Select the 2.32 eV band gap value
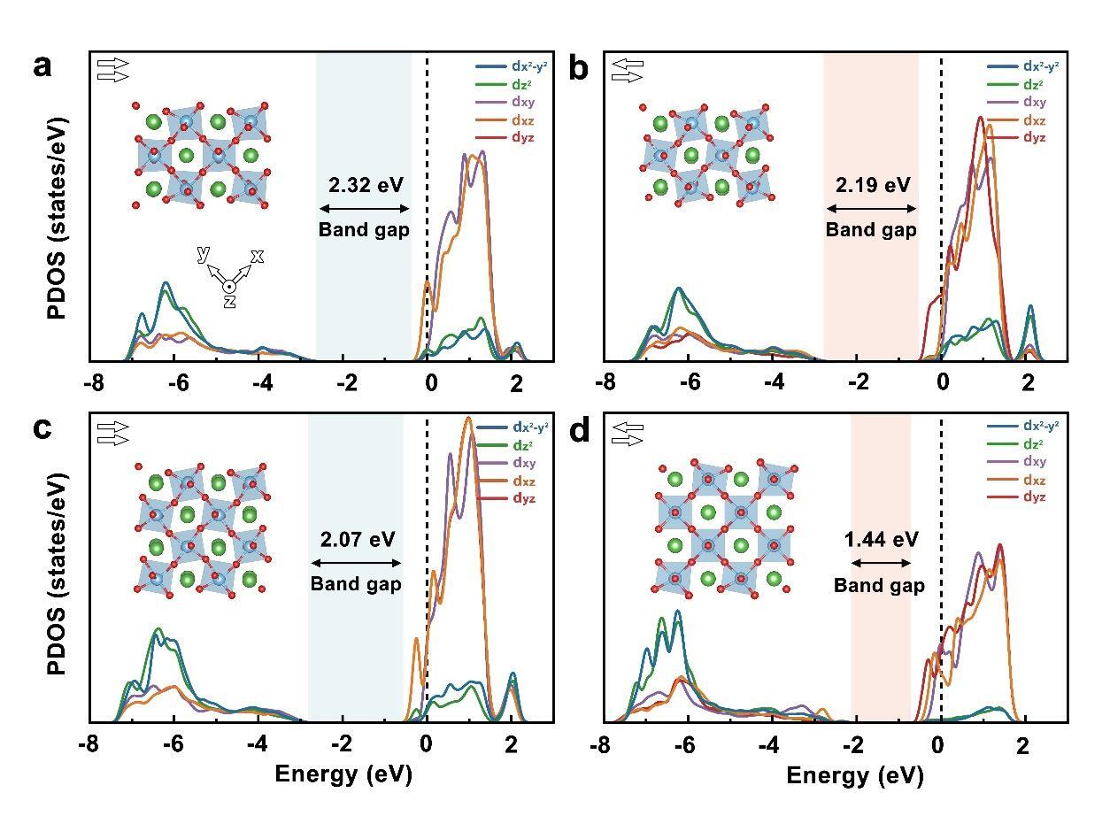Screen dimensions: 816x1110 coord(365,185)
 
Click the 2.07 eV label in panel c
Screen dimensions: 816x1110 coord(357,539)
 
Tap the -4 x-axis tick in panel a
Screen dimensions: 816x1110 coord(262,384)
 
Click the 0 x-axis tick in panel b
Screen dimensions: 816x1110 coord(943,384)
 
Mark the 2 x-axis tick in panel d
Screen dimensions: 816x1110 coord(1023,744)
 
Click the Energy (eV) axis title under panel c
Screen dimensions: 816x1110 coord(343,774)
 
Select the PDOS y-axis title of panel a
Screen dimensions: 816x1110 coord(58,205)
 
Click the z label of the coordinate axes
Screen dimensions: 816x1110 coord(228,302)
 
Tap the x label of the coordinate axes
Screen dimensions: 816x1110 coord(257,256)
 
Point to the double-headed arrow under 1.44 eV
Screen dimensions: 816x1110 coord(874,563)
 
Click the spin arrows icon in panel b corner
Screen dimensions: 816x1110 coord(627,71)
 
